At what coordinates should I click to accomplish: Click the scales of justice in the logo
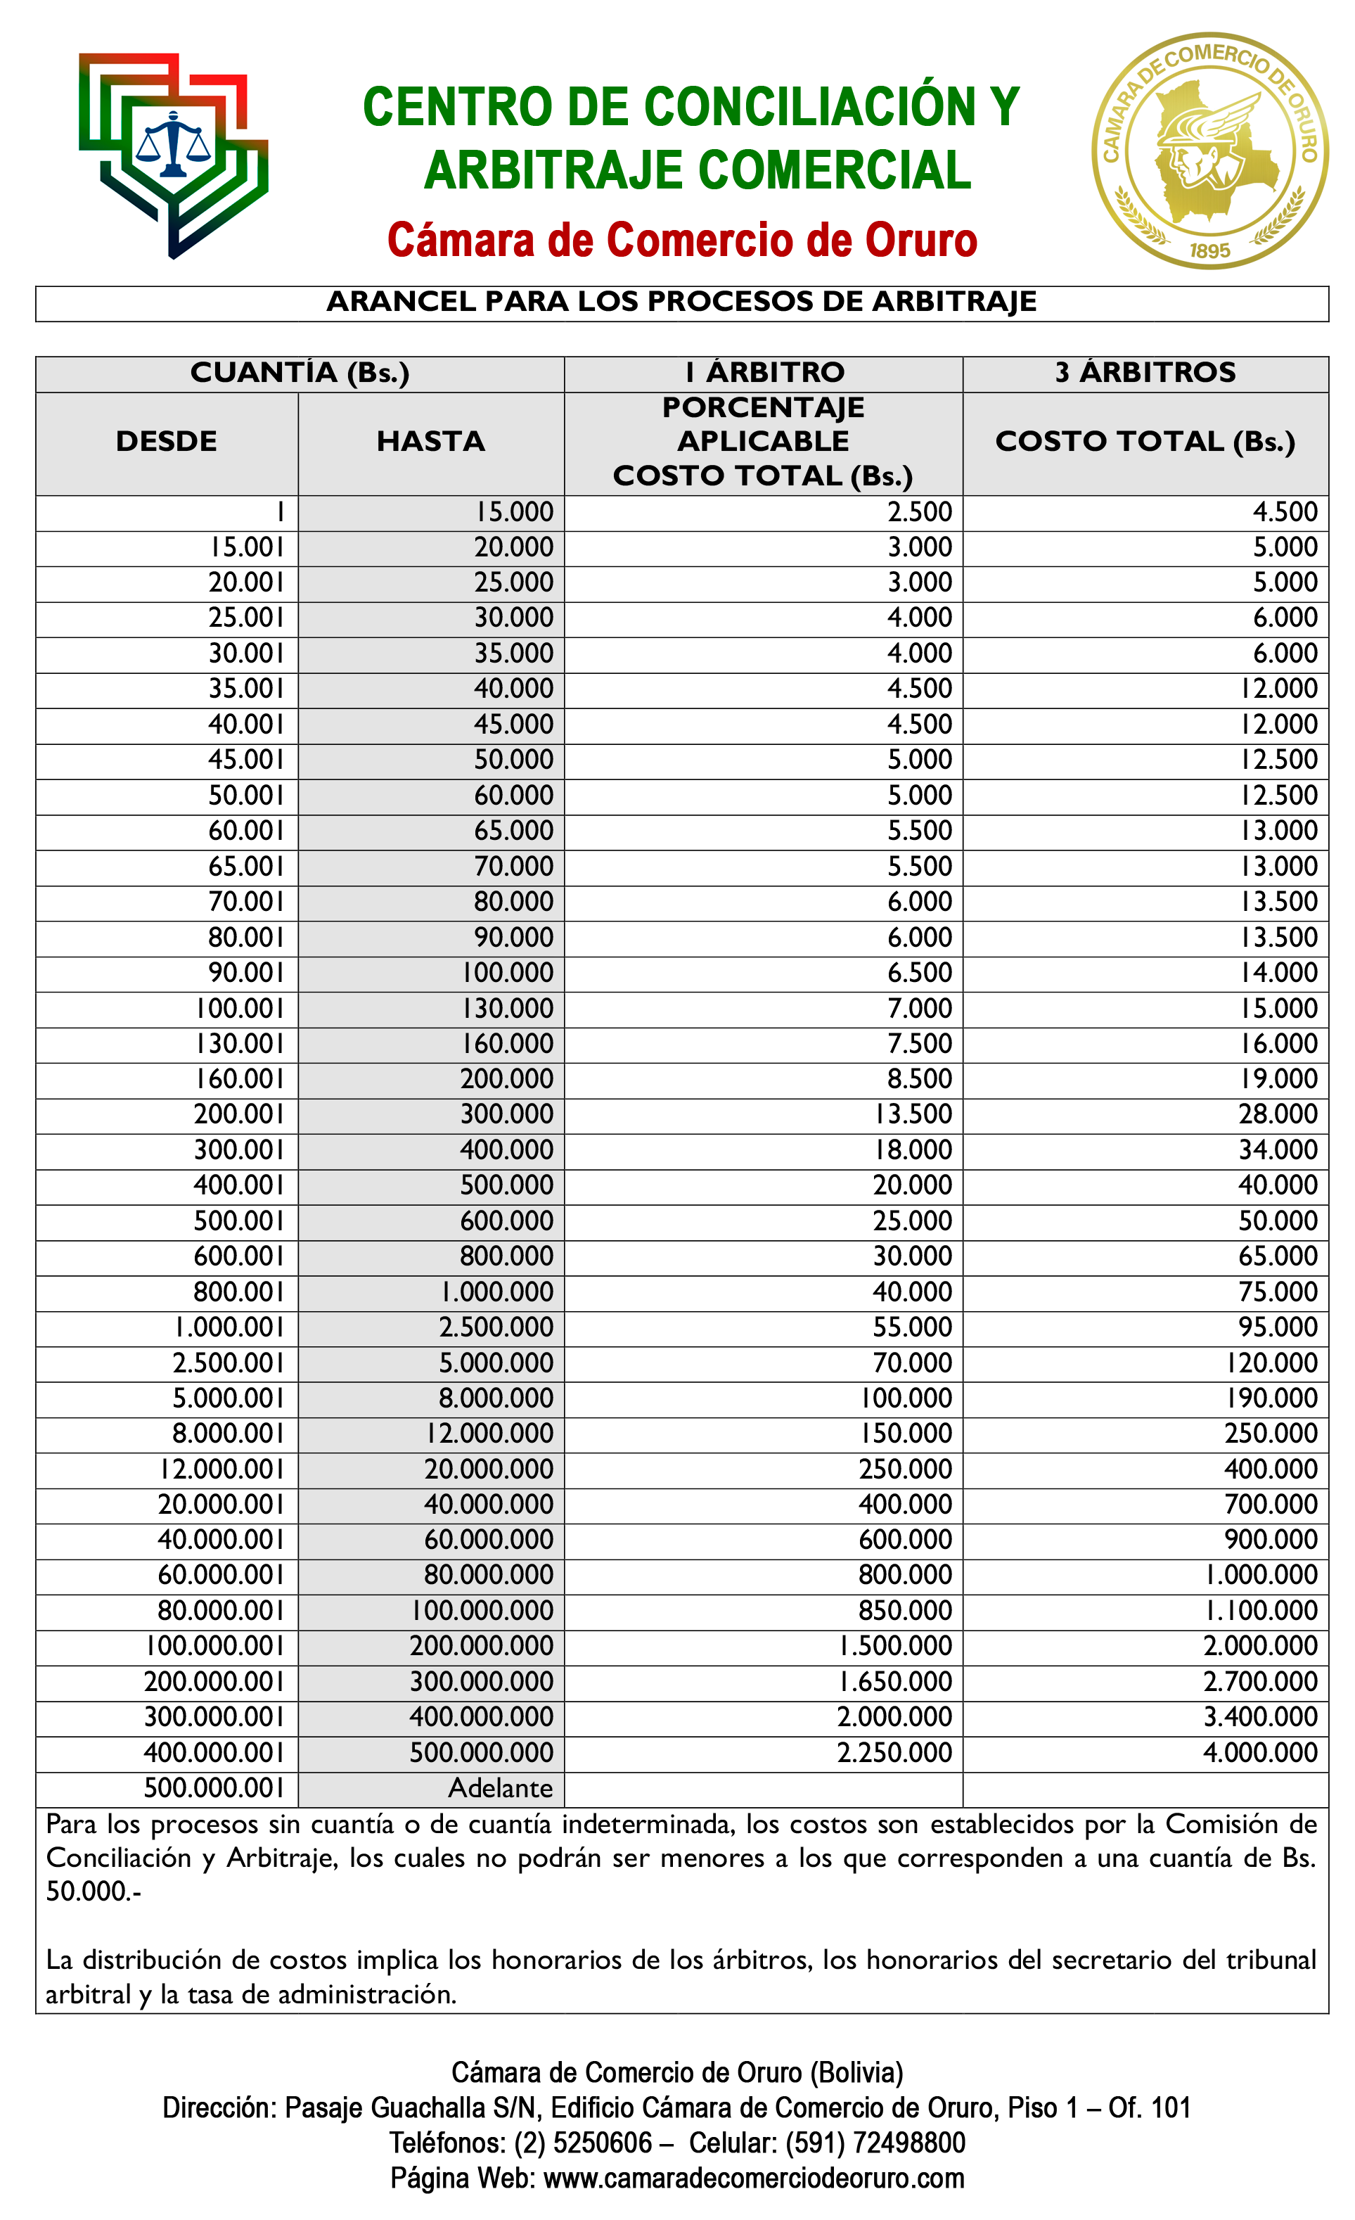pos(173,144)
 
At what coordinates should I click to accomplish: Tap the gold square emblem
pos(1209,151)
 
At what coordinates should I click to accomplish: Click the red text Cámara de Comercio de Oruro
pos(681,240)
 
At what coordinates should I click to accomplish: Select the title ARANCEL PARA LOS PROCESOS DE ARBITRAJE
pos(681,301)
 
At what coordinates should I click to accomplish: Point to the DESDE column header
pos(167,442)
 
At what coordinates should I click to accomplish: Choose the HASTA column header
pos(430,442)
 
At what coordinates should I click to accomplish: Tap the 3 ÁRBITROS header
pos(1145,372)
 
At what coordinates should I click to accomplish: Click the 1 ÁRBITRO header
pos(763,372)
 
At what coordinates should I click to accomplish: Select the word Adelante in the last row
pos(500,1787)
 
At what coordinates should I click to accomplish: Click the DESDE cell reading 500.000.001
pos(214,1787)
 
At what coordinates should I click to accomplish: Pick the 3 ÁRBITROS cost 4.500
pos(1285,512)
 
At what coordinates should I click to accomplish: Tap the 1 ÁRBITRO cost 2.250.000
pos(894,1752)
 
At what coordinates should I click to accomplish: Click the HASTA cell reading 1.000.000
pos(496,1292)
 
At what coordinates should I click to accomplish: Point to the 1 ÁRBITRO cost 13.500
pos(913,1114)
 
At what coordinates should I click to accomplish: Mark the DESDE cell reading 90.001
pos(246,973)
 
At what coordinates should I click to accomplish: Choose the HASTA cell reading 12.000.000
pos(489,1434)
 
